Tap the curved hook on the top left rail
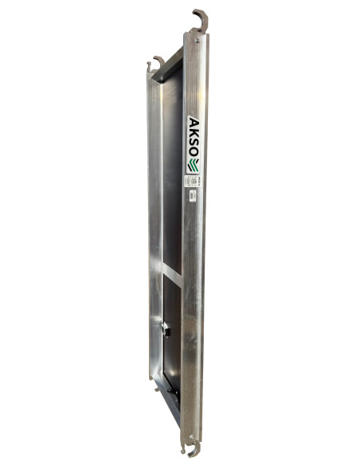click(x=157, y=62)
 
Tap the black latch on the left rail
click(x=166, y=327)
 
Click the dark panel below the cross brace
click(x=173, y=318)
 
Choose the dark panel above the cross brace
click(x=173, y=183)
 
